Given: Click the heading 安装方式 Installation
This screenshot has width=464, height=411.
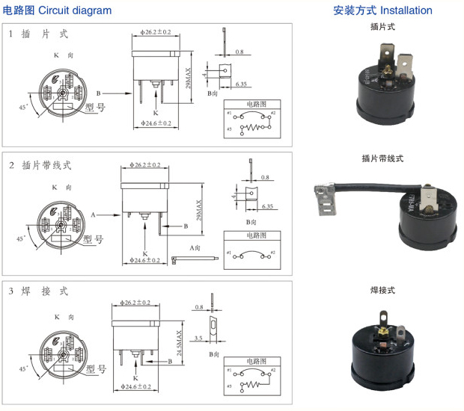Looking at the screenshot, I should [x=382, y=10].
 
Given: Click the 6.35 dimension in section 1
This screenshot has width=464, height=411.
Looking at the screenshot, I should [x=241, y=84].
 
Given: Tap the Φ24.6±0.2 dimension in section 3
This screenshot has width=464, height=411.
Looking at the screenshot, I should [x=135, y=386].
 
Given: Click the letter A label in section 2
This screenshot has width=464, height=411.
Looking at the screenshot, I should [x=94, y=214].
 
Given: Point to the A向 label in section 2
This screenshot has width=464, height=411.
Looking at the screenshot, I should [x=196, y=247].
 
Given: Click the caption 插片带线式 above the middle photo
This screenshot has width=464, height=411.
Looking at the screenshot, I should [x=382, y=159].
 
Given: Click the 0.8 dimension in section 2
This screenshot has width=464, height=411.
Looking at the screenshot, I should [x=267, y=177].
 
